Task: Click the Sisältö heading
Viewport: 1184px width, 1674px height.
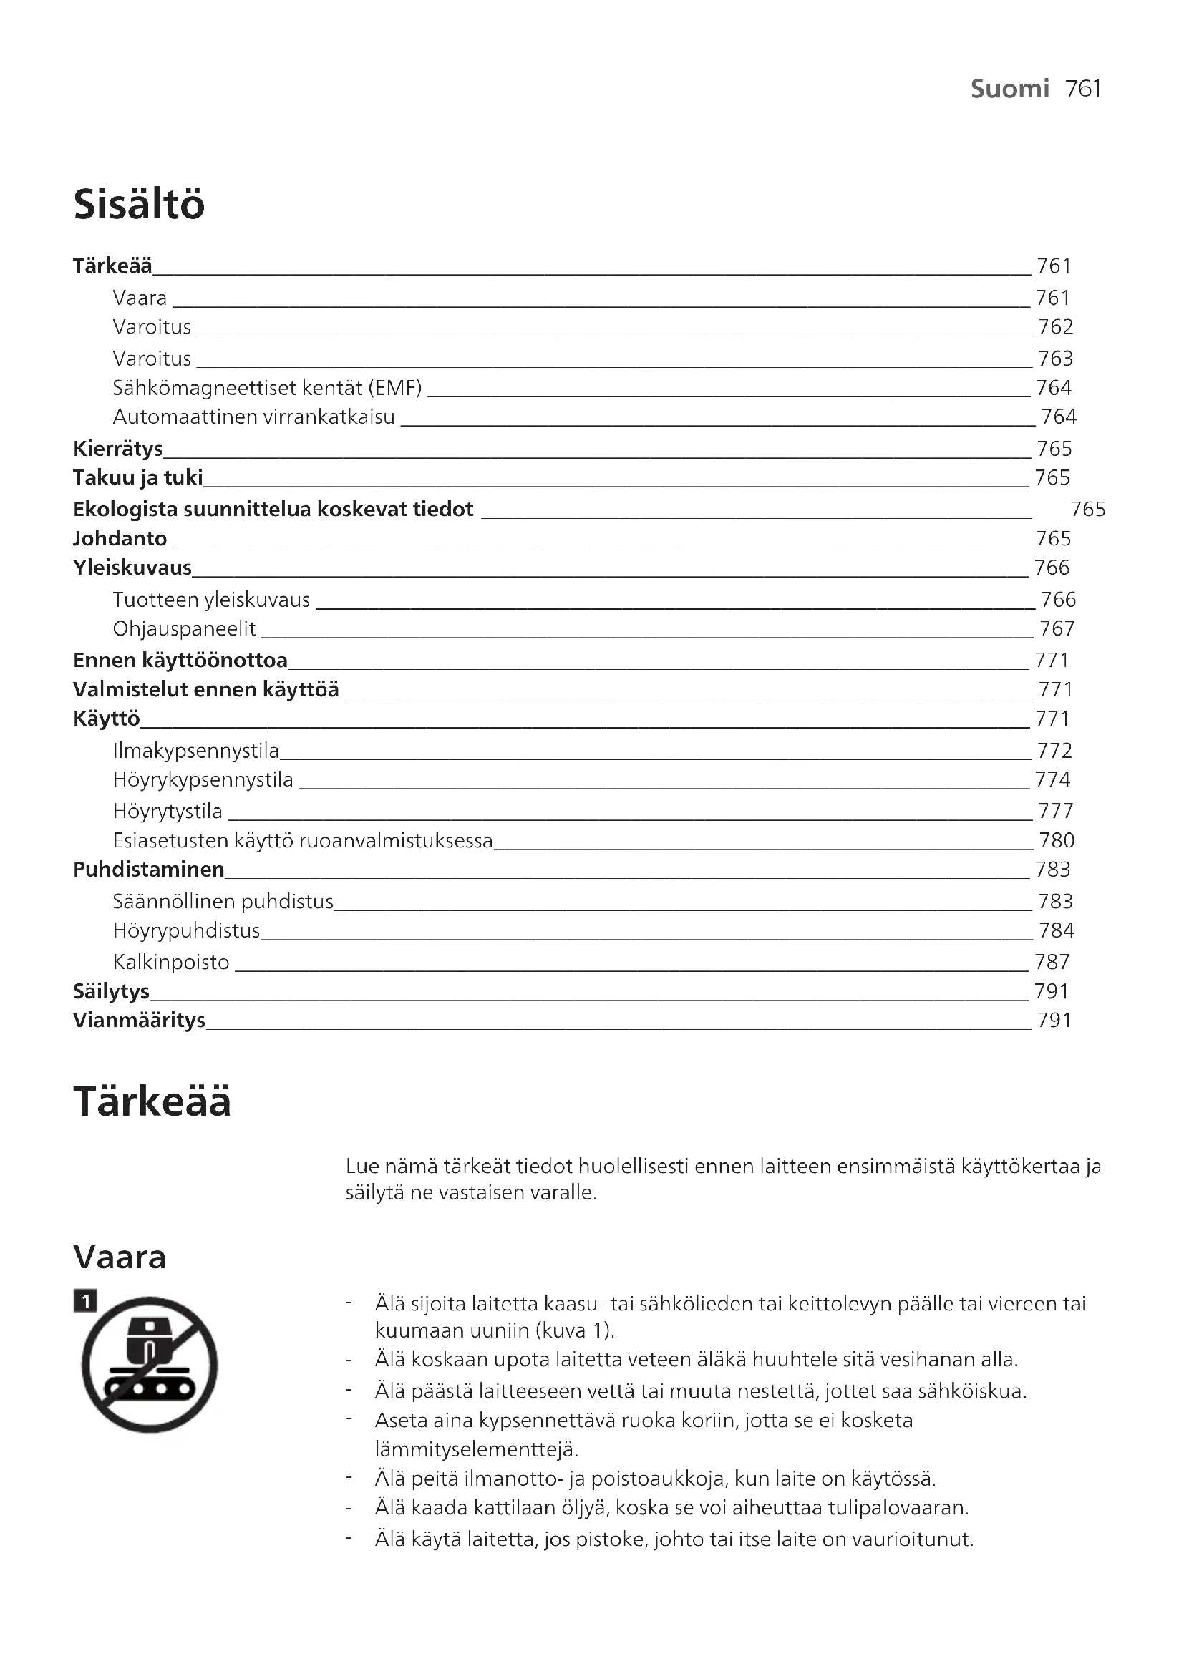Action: tap(140, 204)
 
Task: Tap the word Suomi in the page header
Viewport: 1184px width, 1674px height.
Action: tap(1010, 89)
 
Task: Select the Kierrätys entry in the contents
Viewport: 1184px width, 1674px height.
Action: tap(118, 449)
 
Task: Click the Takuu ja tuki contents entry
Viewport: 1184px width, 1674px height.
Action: tap(137, 477)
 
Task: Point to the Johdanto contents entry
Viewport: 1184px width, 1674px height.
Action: tap(120, 539)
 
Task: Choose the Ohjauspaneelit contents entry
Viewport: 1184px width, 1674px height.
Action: tap(185, 628)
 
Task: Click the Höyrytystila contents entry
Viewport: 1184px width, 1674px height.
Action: tap(168, 811)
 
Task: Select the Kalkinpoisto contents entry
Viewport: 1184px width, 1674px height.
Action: tap(171, 963)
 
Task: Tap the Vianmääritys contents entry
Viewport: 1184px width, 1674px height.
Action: tap(140, 1020)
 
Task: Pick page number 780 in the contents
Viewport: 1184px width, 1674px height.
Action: tap(1057, 841)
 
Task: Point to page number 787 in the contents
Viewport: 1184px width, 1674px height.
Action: tap(1052, 963)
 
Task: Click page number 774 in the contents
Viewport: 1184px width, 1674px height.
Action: tap(1053, 779)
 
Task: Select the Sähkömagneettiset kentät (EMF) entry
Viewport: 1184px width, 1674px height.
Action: tap(268, 388)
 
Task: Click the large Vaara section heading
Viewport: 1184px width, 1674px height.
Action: tap(120, 1257)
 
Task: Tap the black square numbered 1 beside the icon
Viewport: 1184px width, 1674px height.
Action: tap(85, 1300)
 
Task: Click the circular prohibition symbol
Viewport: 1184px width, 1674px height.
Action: tap(150, 1365)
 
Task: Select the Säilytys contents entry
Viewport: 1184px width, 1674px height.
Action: tap(112, 991)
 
